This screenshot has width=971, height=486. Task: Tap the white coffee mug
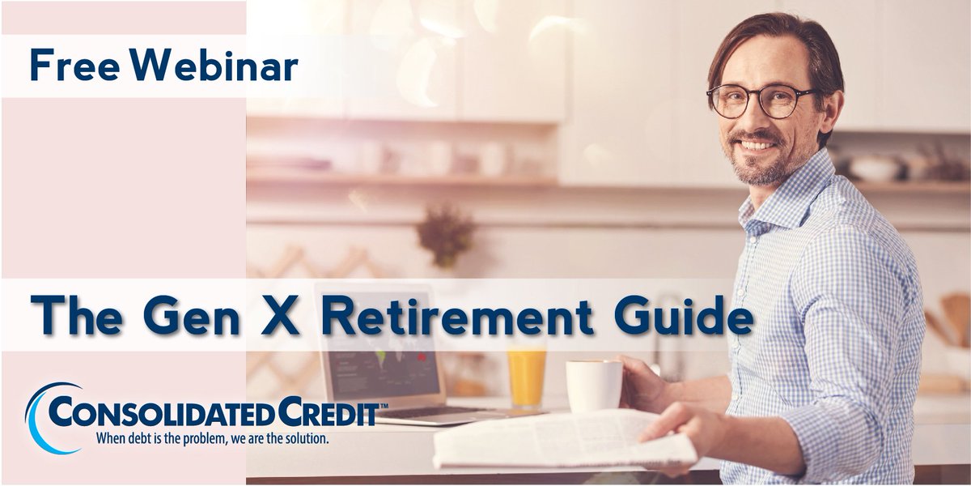click(593, 386)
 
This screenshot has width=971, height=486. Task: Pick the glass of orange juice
click(527, 376)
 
